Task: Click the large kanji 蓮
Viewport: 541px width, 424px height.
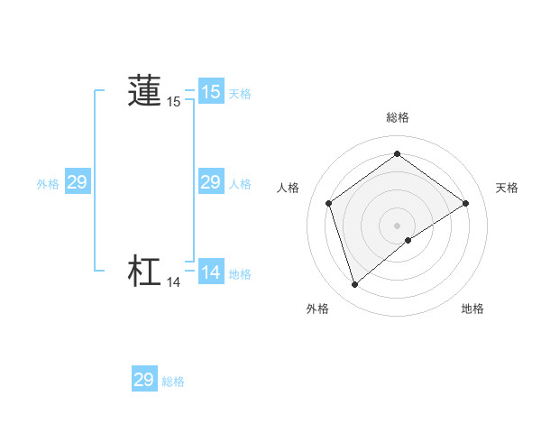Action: [144, 91]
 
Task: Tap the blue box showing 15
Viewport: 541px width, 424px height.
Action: [211, 91]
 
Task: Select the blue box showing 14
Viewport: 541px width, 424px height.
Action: [211, 272]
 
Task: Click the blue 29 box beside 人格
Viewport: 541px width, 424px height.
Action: [211, 182]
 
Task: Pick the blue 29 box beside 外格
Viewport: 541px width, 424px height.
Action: [77, 182]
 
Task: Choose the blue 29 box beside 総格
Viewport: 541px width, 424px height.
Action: [144, 380]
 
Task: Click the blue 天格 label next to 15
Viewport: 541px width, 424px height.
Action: [240, 94]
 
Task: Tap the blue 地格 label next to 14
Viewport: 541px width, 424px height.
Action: [240, 274]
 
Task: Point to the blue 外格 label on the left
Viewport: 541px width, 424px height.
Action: [48, 184]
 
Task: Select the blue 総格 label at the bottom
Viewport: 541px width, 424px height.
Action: [173, 382]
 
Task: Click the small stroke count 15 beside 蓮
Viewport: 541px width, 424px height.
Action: [174, 103]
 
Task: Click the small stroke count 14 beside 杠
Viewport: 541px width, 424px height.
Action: [174, 282]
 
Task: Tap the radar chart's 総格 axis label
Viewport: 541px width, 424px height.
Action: [398, 117]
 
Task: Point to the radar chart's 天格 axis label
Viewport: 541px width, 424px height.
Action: [508, 188]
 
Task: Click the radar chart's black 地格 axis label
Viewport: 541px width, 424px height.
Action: [472, 309]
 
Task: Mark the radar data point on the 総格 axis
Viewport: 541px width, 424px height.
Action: [398, 153]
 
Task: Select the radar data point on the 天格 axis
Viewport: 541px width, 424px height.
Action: [466, 203]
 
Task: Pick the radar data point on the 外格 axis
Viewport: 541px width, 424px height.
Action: [354, 285]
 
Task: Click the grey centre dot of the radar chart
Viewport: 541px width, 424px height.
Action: [398, 225]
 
